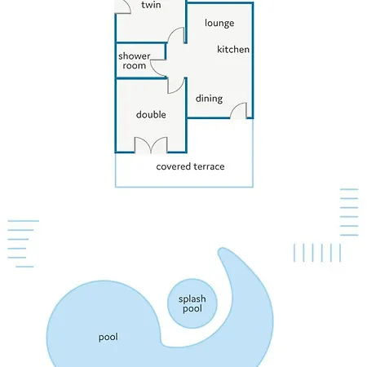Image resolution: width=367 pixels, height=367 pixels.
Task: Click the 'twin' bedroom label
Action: coord(151,5)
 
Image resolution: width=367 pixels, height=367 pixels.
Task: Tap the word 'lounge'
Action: coord(219,24)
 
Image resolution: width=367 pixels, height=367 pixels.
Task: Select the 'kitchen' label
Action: coord(233,49)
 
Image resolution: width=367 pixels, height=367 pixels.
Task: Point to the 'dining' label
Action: coord(209,99)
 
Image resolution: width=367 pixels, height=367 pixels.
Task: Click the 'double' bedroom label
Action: coord(151,114)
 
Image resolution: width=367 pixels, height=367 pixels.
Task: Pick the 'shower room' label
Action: coord(134,60)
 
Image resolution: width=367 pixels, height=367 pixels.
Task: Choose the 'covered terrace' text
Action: coord(190,166)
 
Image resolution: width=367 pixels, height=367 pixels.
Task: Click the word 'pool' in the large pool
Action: coord(108,338)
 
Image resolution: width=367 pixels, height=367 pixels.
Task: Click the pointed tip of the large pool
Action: coord(221,250)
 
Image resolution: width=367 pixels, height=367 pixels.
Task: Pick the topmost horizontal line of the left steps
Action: coord(24,221)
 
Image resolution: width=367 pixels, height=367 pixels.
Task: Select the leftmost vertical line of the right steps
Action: coord(294,253)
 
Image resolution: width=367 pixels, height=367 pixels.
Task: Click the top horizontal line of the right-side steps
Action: coord(349,189)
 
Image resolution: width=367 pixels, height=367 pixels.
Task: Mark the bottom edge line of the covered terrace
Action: coord(184,187)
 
